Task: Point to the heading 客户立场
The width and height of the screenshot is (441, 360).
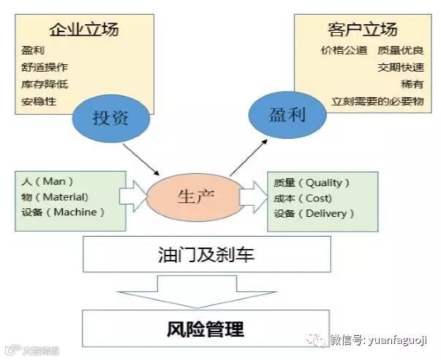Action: point(363,29)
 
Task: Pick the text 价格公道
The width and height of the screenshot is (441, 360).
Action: point(343,51)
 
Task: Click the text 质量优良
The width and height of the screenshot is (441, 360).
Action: point(401,51)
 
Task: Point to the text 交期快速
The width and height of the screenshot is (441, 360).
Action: point(401,68)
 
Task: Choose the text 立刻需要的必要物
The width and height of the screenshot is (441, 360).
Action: point(377,102)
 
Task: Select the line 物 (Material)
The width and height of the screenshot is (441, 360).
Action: point(55,196)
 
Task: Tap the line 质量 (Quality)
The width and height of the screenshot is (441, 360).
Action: point(311,183)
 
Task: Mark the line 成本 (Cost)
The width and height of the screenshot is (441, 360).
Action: point(302,198)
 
